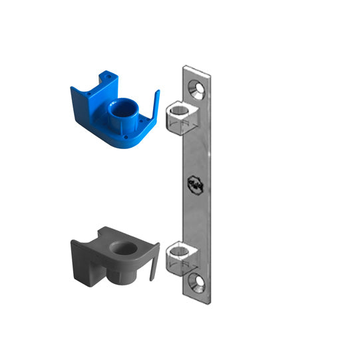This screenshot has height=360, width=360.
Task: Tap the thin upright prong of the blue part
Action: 158,106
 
